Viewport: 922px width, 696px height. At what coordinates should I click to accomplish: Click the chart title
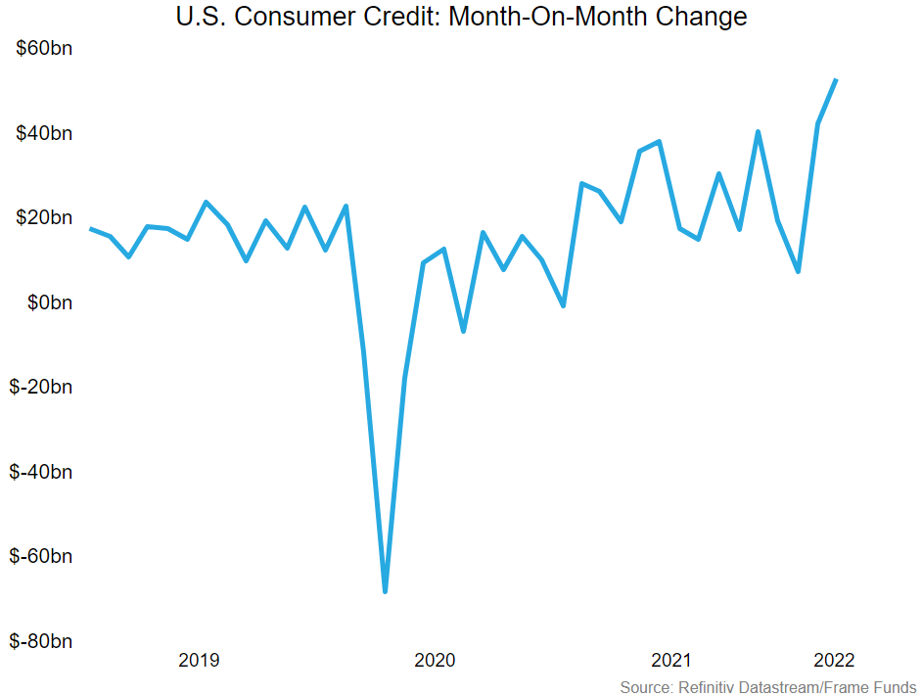[x=461, y=17]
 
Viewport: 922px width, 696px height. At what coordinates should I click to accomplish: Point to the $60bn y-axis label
[x=44, y=49]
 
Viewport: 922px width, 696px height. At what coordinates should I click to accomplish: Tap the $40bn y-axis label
[x=44, y=133]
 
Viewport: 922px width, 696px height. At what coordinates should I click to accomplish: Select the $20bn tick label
[x=44, y=217]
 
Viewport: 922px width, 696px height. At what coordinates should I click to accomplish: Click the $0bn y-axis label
[x=48, y=302]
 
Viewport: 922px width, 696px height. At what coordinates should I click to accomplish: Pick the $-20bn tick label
[x=41, y=387]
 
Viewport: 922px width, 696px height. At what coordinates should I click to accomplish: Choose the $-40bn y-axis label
[x=41, y=472]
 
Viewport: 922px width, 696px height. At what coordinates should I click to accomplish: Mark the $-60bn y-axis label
[x=41, y=556]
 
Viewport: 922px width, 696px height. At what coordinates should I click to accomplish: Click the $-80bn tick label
[x=41, y=641]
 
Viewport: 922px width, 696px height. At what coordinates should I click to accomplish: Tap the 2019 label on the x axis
[x=199, y=661]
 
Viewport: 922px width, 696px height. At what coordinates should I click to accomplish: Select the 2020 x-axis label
[x=435, y=661]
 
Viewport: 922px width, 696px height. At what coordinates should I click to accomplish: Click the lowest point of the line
[x=385, y=591]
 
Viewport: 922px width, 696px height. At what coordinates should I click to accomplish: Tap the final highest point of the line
[x=836, y=80]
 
